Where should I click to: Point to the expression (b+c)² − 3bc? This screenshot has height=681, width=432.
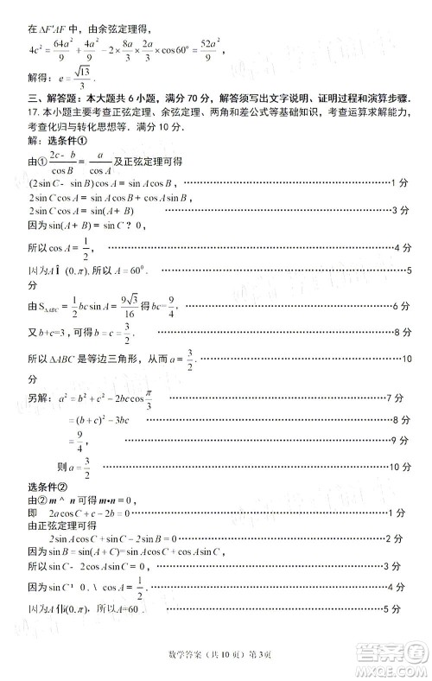pos(99,420)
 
